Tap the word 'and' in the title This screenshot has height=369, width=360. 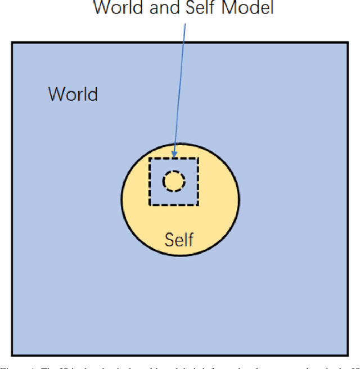[x=166, y=8]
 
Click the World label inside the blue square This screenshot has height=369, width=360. [x=73, y=94]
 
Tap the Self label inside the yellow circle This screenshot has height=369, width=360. [x=179, y=240]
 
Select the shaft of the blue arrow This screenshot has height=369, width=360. [x=180, y=84]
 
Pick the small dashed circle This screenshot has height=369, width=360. [x=174, y=181]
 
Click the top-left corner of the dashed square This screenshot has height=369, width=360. [x=150, y=159]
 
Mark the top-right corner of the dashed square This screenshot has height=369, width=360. [x=197, y=159]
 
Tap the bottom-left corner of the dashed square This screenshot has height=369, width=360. [x=150, y=205]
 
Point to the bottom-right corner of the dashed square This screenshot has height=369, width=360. [x=197, y=205]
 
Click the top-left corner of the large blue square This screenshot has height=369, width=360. [x=12, y=42]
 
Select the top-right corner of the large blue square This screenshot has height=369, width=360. [x=348, y=42]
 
